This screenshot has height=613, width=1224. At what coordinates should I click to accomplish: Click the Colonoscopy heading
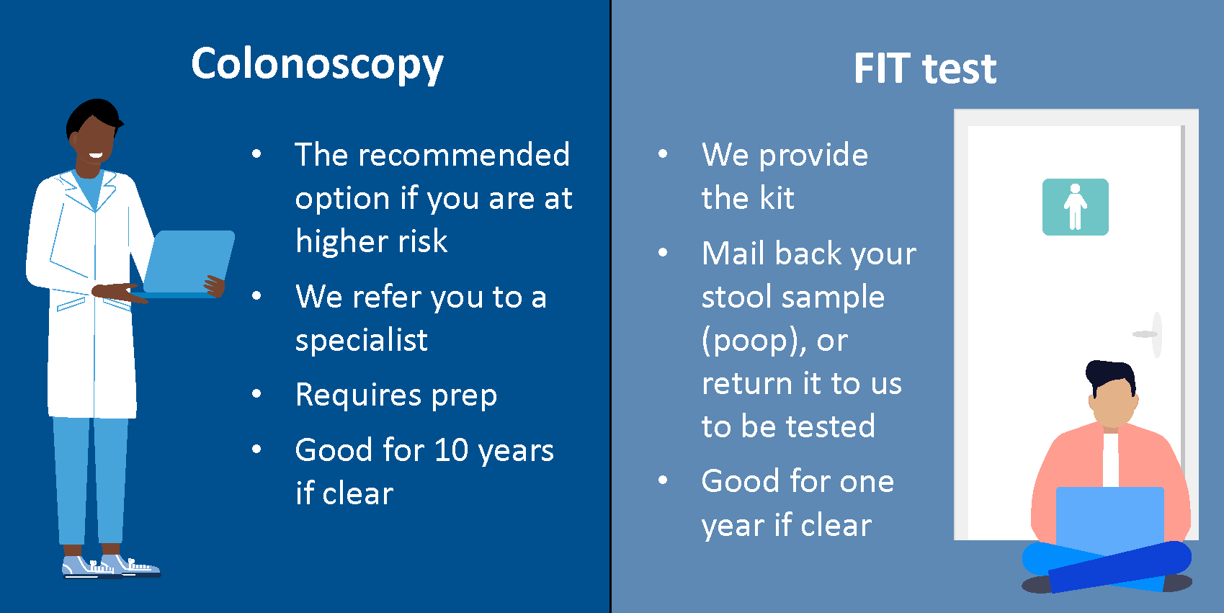pyautogui.click(x=317, y=65)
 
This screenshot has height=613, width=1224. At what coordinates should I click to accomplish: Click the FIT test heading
pyautogui.click(x=925, y=68)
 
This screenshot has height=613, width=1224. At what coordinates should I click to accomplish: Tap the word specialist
pyautogui.click(x=361, y=340)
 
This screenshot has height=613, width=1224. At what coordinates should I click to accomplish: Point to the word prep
pyautogui.click(x=464, y=396)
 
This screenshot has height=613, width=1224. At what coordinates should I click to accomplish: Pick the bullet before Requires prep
pyautogui.click(x=256, y=393)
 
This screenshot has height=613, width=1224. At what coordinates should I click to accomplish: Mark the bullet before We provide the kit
pyautogui.click(x=663, y=153)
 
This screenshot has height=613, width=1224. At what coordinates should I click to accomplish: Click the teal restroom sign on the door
pyautogui.click(x=1075, y=207)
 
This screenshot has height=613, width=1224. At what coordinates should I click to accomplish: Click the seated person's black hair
pyautogui.click(x=1110, y=375)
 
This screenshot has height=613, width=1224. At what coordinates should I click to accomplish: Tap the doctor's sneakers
pyautogui.click(x=111, y=566)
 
